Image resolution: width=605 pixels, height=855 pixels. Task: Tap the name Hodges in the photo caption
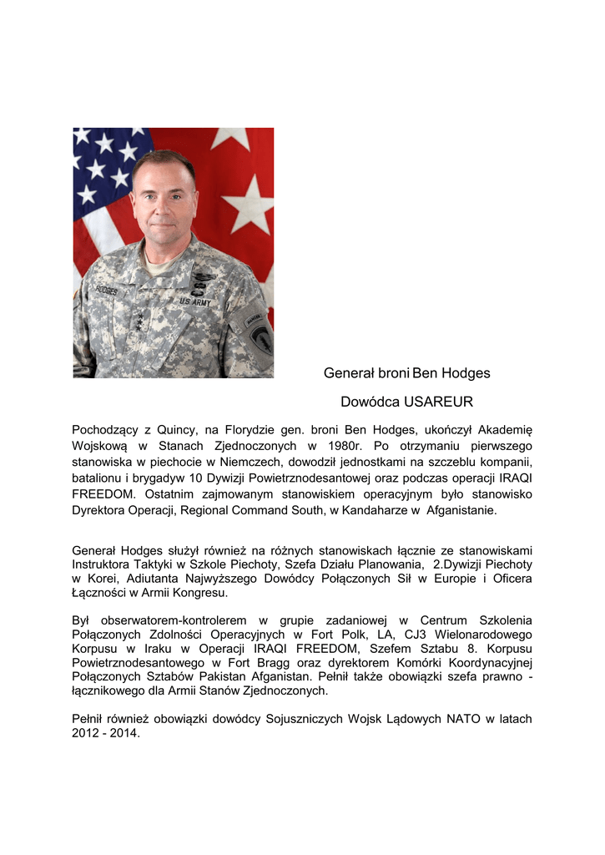[466, 373]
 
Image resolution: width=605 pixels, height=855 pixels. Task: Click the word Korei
[99, 579]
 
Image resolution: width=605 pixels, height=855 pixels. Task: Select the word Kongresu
[201, 593]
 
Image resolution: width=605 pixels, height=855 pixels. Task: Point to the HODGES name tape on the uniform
[105, 291]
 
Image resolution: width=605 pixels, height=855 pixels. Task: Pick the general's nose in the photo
[164, 208]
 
